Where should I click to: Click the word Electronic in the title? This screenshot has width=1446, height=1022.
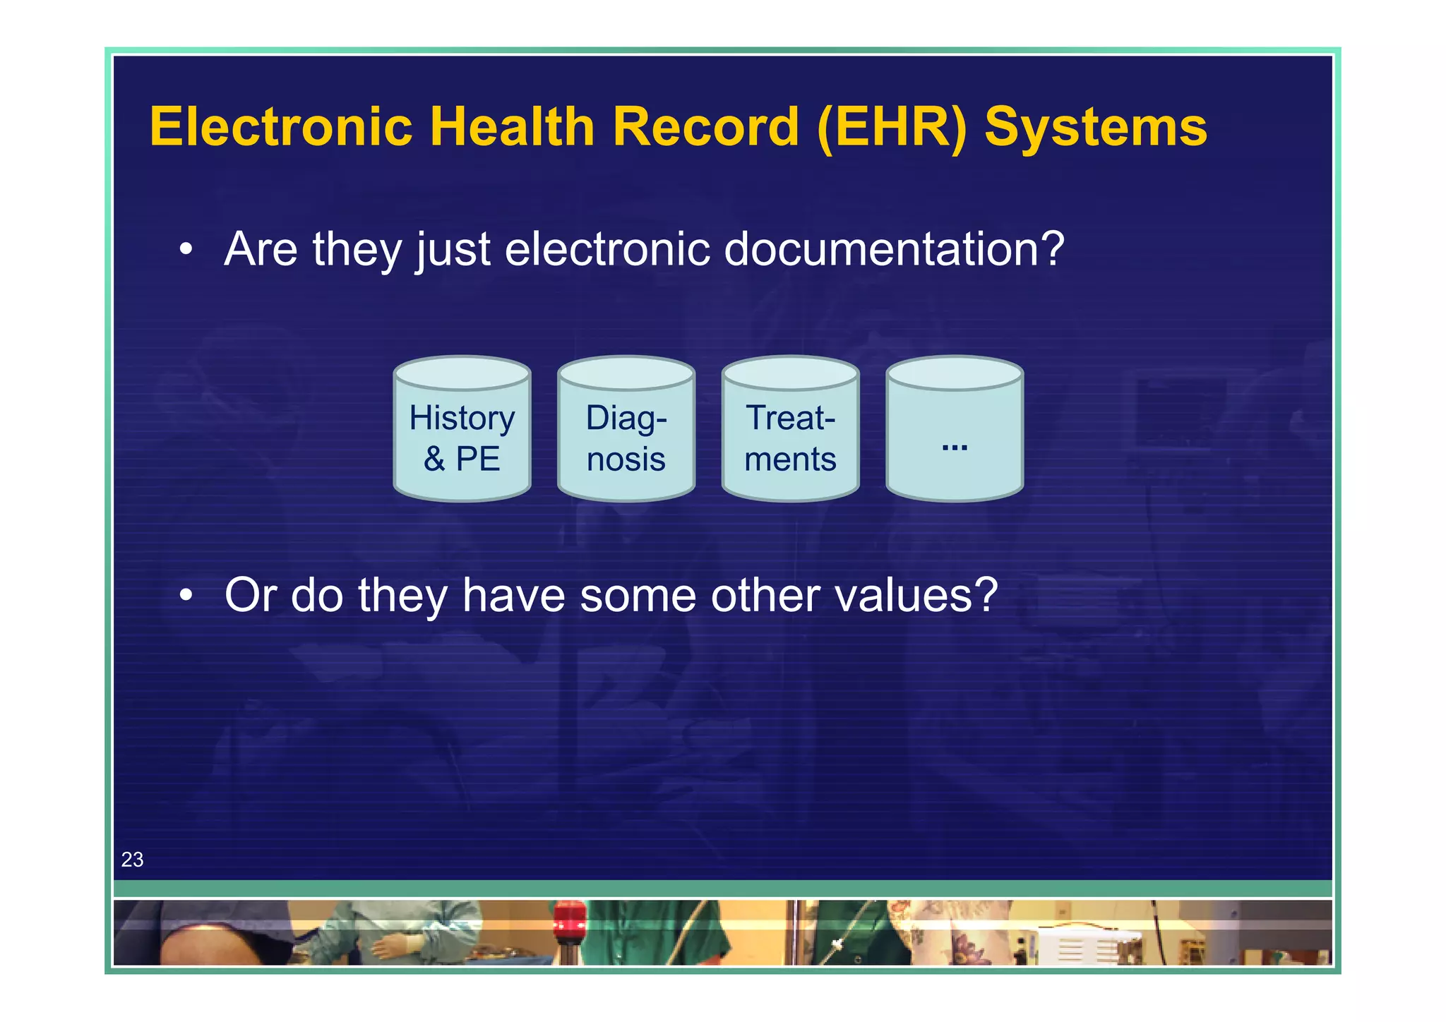coord(280,127)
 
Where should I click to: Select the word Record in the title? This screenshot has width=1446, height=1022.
coord(705,127)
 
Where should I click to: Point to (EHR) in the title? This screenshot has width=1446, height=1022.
coord(892,128)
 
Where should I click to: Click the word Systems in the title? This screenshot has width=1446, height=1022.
coord(1095,128)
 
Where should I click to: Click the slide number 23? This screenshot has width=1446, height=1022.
coord(132,860)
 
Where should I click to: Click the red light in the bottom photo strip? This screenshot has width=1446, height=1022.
coord(569,920)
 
